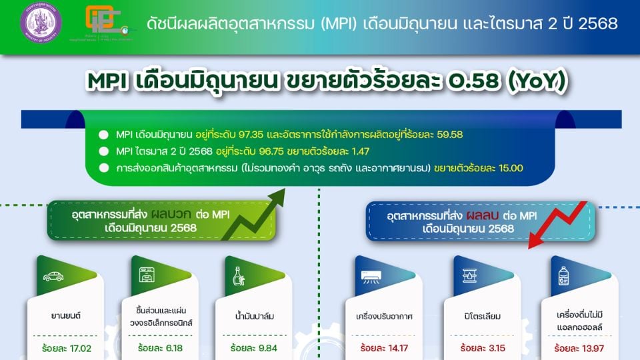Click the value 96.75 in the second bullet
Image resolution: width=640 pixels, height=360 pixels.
pyautogui.click(x=268, y=151)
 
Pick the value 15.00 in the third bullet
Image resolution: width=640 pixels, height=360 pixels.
pyautogui.click(x=510, y=167)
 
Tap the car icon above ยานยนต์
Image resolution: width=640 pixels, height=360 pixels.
pyautogui.click(x=53, y=275)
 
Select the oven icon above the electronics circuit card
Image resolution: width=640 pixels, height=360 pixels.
pyautogui.click(x=147, y=275)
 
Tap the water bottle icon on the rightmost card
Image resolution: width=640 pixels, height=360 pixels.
pyautogui.click(x=563, y=275)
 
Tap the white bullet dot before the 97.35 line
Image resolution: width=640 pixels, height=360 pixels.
pyautogui.click(x=102, y=135)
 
